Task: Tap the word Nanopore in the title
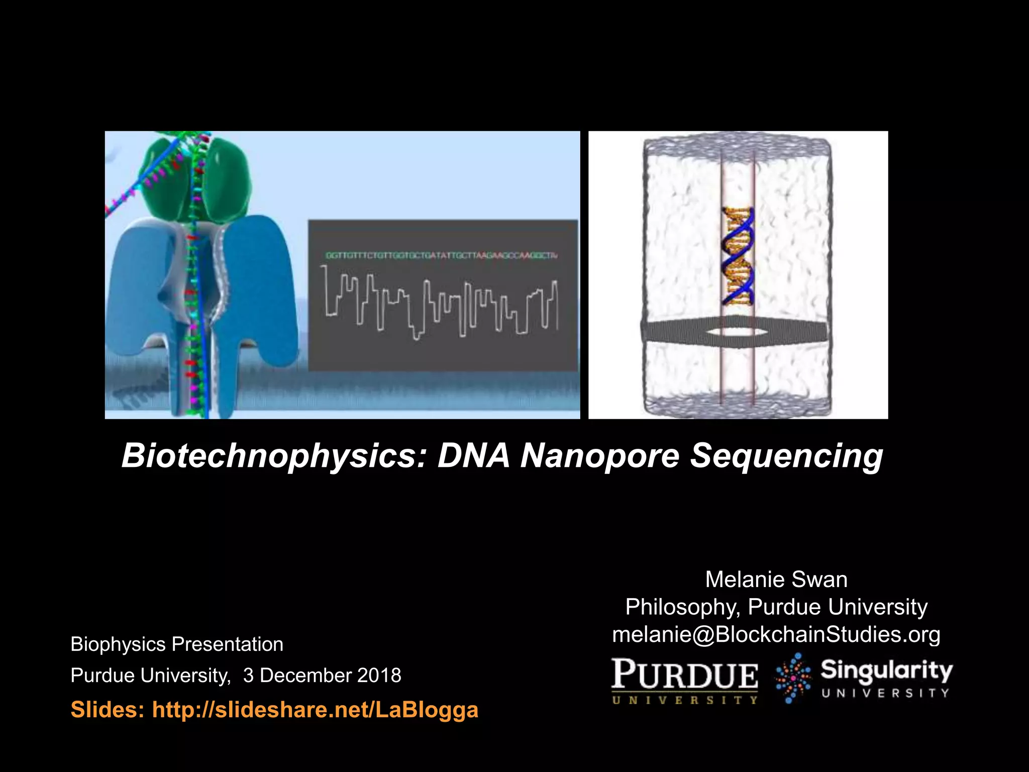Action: coord(599,455)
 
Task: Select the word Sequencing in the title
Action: coord(786,456)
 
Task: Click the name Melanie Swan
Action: coord(776,580)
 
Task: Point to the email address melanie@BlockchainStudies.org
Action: coord(776,634)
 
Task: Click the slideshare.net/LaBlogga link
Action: coord(315,709)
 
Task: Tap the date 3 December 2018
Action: coord(322,675)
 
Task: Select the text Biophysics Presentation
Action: coord(177,644)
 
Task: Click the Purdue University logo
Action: coord(685,681)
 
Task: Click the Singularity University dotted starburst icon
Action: coord(793,678)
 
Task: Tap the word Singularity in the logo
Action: coord(886,671)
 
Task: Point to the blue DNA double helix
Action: coord(738,256)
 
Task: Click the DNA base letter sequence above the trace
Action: coord(441,255)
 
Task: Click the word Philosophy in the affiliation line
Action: coord(682,607)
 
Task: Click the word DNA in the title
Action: coord(474,455)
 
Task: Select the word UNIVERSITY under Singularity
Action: coord(885,693)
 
